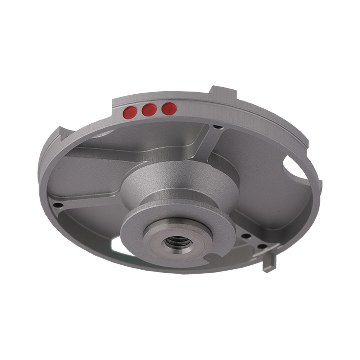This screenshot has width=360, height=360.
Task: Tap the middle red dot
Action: (x=149, y=110)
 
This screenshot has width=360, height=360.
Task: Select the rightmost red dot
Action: (x=169, y=108)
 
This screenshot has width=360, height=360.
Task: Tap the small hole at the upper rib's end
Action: (x=217, y=127)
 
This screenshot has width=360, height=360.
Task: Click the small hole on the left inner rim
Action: (x=57, y=205)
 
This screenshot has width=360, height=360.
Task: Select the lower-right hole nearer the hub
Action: (x=246, y=237)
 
